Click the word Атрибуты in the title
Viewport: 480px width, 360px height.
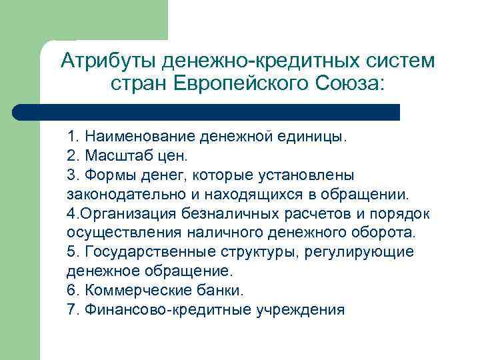click(107, 61)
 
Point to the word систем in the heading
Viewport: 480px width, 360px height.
click(400, 61)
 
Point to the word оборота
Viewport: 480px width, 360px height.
click(383, 233)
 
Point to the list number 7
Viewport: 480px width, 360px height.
click(71, 310)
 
